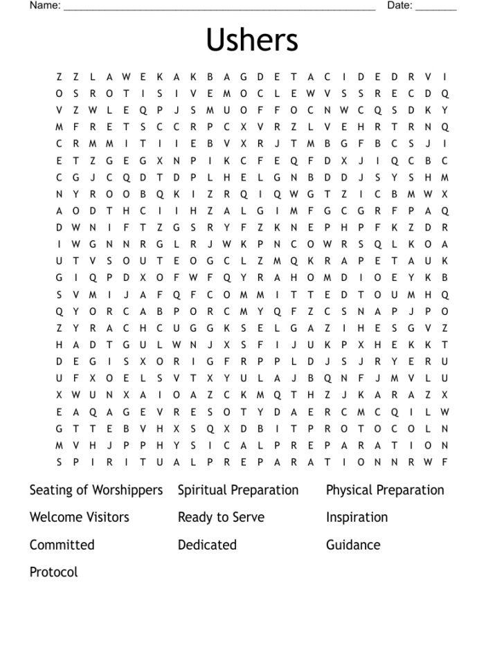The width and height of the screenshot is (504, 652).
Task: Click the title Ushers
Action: [251, 40]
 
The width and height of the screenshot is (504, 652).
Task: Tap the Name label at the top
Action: [45, 6]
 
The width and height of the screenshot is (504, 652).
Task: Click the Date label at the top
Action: [399, 6]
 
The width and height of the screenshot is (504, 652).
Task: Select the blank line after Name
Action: [219, 9]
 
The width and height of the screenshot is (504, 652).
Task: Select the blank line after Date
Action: [436, 9]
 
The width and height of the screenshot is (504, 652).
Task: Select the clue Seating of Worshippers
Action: [96, 490]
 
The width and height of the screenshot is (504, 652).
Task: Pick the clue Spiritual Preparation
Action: [238, 490]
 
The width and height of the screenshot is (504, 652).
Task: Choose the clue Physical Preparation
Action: [385, 490]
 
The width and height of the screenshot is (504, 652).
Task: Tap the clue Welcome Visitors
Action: [79, 517]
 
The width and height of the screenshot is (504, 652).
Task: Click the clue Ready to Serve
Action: [221, 517]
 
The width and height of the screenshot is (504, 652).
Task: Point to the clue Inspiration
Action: [357, 517]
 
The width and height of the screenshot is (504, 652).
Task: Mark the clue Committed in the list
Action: [62, 545]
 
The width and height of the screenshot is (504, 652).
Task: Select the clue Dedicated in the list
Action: [207, 545]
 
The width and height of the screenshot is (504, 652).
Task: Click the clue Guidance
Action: [353, 545]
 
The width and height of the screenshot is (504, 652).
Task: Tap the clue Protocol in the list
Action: [53, 572]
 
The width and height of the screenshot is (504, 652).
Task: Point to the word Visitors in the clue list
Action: [107, 517]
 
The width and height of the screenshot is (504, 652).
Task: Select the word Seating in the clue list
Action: [49, 490]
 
